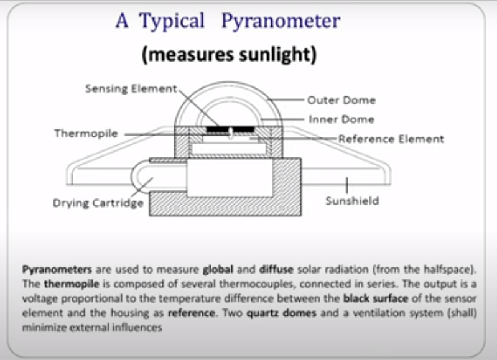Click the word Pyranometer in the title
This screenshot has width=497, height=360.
coord(281,21)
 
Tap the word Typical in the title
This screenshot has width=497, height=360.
coord(172,21)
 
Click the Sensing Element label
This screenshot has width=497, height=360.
coord(131,88)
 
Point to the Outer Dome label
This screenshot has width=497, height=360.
coord(341,100)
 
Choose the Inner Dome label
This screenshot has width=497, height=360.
coord(341,119)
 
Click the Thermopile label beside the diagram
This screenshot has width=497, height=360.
coord(86,134)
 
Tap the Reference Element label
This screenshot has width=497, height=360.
coord(391,139)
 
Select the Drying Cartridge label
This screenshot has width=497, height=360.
coord(98,203)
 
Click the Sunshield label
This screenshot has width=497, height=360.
coord(352,201)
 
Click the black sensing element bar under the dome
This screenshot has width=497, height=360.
coord(230,129)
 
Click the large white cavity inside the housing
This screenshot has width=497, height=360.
coord(230,178)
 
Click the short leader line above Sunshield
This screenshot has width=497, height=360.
coord(346,185)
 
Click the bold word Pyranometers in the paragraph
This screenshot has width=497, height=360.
coord(57,270)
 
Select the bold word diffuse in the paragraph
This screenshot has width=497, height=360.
coord(276,269)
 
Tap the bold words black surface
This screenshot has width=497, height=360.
coord(376,298)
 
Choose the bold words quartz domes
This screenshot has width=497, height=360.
coord(281,313)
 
